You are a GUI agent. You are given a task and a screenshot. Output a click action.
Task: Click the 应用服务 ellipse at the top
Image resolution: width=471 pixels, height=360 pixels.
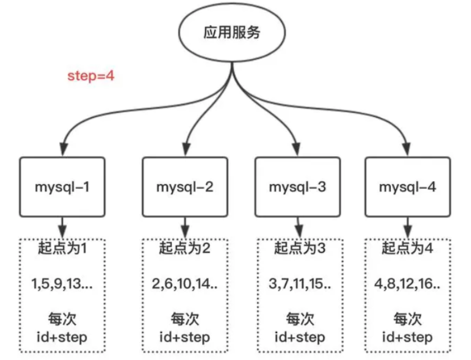232,32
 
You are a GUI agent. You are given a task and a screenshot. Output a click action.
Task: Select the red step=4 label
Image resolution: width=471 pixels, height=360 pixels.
91,75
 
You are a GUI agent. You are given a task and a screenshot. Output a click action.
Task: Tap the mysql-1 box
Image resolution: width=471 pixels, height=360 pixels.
62,187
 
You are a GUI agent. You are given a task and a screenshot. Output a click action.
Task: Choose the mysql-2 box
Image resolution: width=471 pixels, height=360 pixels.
185,187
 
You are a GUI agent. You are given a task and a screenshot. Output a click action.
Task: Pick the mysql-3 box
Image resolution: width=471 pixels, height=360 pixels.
297,187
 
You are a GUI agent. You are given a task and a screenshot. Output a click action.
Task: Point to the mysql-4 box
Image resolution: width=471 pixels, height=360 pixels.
408,187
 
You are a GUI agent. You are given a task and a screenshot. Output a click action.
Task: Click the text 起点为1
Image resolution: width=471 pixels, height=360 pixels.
62,248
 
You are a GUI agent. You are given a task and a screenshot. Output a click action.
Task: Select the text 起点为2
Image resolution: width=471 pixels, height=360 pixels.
185,248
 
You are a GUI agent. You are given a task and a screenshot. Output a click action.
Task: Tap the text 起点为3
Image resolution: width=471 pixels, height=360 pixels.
300,248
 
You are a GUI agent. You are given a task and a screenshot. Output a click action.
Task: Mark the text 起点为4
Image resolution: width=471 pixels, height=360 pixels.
407,248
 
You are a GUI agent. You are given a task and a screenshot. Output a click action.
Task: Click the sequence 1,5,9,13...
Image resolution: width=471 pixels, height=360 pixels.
62,284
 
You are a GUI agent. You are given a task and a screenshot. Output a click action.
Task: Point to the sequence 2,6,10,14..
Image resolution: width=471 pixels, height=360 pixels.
185,284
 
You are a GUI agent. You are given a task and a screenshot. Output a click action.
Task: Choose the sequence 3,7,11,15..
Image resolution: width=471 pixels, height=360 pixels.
300,284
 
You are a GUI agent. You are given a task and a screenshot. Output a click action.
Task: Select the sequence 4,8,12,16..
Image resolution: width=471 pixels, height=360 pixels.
407,284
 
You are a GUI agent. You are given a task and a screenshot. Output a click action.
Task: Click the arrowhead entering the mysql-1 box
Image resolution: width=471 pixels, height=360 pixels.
63,149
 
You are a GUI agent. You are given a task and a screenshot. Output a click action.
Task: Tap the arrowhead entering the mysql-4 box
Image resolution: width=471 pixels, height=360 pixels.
407,149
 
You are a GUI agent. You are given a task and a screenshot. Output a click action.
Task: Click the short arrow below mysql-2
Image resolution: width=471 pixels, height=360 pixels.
185,228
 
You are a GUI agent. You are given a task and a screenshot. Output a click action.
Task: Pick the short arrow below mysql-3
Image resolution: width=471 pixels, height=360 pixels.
299,228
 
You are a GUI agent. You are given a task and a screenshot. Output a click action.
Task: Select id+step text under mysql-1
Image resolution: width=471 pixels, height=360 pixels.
62,337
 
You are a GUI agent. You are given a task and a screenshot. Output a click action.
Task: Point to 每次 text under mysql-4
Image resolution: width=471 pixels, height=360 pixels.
408,319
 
